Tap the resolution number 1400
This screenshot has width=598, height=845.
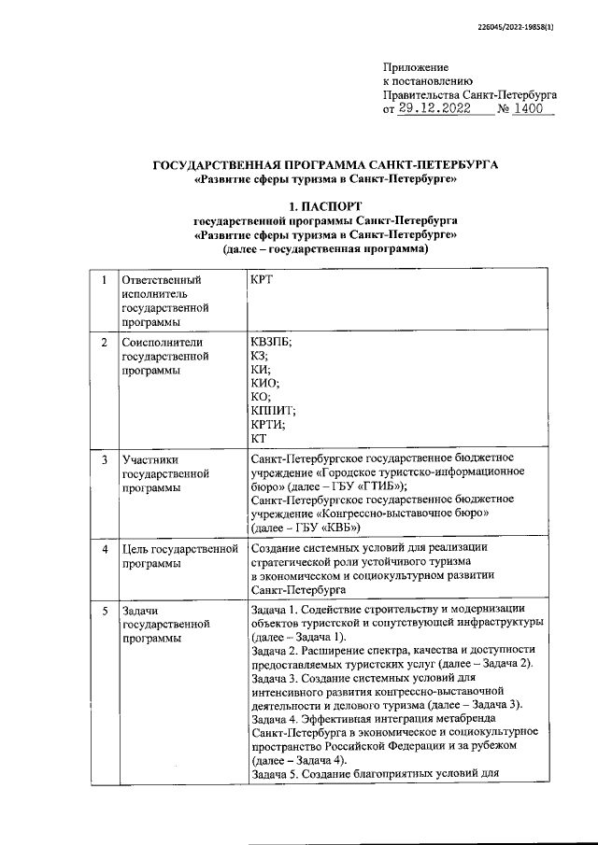(533, 109)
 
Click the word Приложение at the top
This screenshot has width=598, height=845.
(416, 67)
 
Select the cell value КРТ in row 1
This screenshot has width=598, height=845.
(264, 280)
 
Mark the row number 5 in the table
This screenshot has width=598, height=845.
(104, 610)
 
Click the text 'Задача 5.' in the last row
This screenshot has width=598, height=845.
(278, 772)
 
